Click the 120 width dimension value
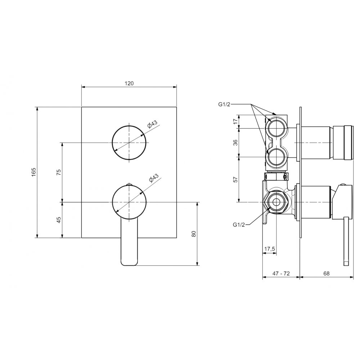[x=129, y=84]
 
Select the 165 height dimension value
[x=34, y=172]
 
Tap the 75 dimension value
[x=59, y=172]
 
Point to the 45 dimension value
[x=59, y=220]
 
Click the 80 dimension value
[x=194, y=234]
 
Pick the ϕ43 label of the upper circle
[x=153, y=124]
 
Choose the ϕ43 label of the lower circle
[x=154, y=178]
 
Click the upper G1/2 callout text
[x=224, y=105]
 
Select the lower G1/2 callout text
[x=239, y=225]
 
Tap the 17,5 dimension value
[x=270, y=249]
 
